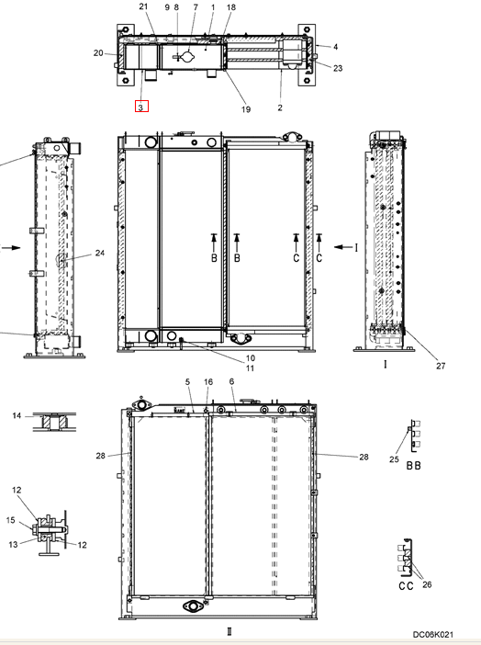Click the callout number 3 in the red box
[141, 107]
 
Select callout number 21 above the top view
[143, 6]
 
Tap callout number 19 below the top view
[245, 109]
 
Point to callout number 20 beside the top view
[98, 52]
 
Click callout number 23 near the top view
[338, 68]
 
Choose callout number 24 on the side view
[100, 253]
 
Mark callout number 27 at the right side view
[441, 366]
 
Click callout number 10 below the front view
[251, 358]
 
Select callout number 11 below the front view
[250, 368]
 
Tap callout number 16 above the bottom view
[208, 382]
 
